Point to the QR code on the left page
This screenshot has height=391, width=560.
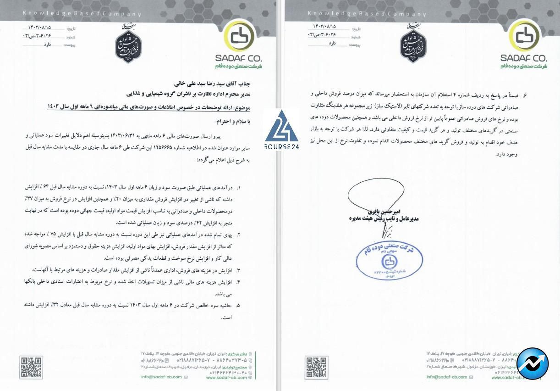31,367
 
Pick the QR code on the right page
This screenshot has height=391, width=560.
316,367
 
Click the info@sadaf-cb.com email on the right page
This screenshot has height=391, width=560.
447,377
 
